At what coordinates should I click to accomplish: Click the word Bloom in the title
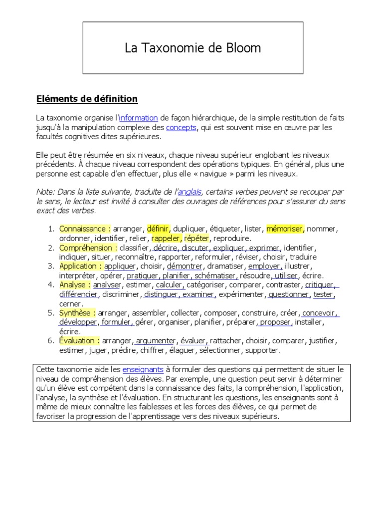point(242,48)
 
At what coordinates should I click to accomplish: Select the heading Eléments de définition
point(87,99)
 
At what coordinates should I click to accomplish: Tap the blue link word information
point(139,118)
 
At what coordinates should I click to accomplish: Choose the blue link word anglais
point(189,192)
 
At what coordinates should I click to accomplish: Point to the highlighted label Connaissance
point(83,229)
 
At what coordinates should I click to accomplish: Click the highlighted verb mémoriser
point(285,229)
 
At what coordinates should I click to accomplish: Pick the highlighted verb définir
point(159,229)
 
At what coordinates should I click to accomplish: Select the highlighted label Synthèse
point(77,313)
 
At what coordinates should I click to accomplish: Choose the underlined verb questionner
point(289,294)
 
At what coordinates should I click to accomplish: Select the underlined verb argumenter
point(156,341)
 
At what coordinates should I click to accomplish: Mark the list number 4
point(51,285)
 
